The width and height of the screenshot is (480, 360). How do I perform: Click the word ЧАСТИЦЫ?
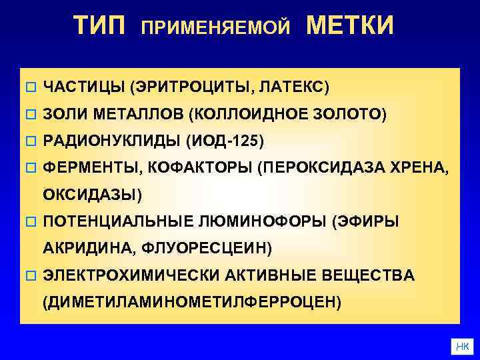pyautogui.click(x=83, y=87)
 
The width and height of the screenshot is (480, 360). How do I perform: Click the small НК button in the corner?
pyautogui.click(x=462, y=346)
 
